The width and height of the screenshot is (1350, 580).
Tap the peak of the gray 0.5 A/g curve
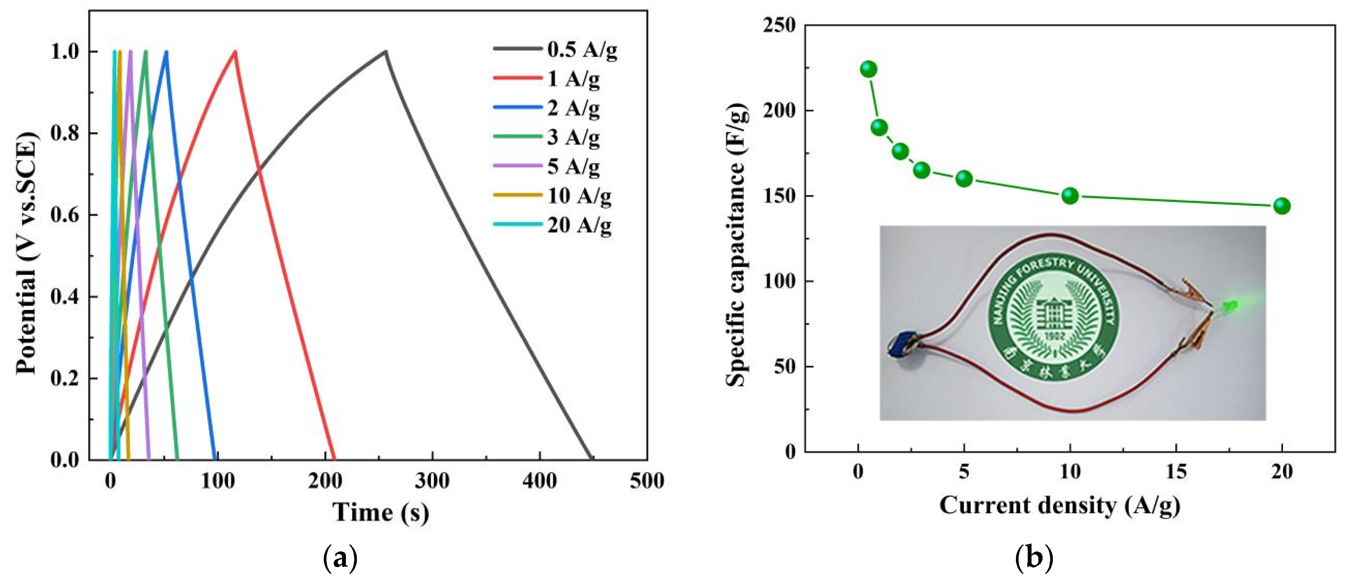(x=386, y=51)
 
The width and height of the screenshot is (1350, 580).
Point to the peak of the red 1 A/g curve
(x=235, y=51)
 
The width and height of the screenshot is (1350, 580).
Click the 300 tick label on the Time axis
(x=432, y=480)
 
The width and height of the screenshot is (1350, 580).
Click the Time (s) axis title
(x=381, y=512)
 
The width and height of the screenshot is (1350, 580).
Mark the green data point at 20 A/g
(x=1282, y=206)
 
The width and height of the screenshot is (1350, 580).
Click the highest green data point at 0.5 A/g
(x=868, y=69)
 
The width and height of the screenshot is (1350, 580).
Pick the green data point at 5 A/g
(x=964, y=179)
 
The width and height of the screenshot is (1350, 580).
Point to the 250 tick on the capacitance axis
(x=779, y=25)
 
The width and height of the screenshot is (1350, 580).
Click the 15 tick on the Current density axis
(x=1176, y=472)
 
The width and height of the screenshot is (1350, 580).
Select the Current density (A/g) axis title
(x=1059, y=505)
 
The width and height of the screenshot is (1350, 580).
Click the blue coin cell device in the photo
(x=900, y=344)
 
